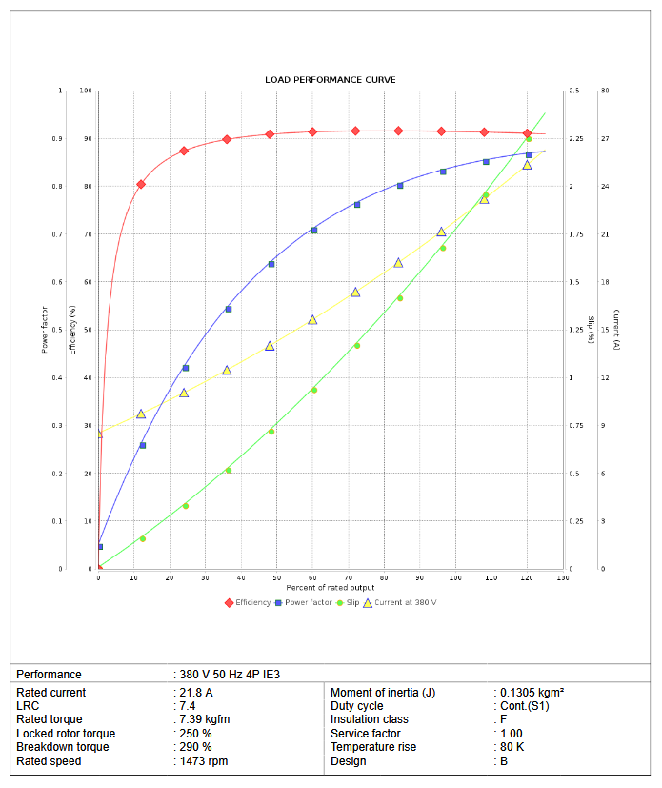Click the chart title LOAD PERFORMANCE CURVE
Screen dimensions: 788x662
tap(331, 79)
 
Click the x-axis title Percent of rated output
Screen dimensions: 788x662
tap(331, 587)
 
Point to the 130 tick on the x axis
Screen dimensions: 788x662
tap(562, 578)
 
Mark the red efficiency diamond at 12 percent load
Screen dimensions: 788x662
tap(141, 184)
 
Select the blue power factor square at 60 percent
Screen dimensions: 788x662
tap(314, 230)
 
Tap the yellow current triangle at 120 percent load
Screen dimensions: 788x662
tap(527, 165)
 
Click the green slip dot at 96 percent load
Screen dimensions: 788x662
tap(443, 248)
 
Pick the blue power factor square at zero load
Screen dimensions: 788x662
tap(99, 546)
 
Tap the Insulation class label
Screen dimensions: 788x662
tap(370, 719)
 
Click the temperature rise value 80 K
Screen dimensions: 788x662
tap(512, 747)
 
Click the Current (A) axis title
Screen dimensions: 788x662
tap(616, 330)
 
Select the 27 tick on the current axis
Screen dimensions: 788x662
tap(605, 139)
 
